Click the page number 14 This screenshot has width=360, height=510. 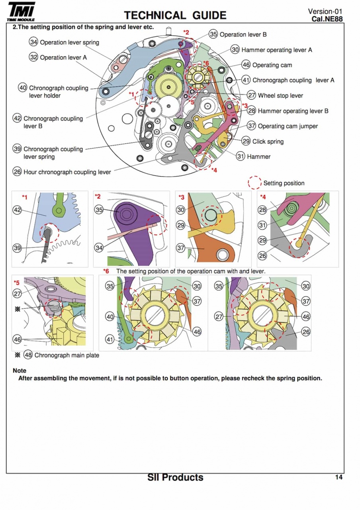[338, 477]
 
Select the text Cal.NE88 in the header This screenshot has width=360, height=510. [327, 19]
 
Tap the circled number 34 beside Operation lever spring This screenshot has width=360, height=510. [33, 42]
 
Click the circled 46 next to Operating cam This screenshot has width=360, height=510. [246, 65]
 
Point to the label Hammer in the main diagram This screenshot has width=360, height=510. [258, 157]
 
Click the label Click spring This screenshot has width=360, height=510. [268, 141]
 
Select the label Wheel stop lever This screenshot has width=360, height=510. [280, 96]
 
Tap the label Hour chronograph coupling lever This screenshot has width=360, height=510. [67, 172]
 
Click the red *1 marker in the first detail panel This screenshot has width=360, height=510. [25, 197]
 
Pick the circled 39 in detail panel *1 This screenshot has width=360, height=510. [17, 248]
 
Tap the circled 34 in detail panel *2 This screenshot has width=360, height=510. [99, 248]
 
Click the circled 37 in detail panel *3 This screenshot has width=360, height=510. [181, 248]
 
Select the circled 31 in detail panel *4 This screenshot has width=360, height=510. [262, 225]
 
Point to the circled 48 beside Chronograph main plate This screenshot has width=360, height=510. [28, 355]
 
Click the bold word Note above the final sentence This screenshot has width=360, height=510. [20, 371]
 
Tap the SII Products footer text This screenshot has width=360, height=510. [175, 477]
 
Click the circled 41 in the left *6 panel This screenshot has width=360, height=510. [110, 339]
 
